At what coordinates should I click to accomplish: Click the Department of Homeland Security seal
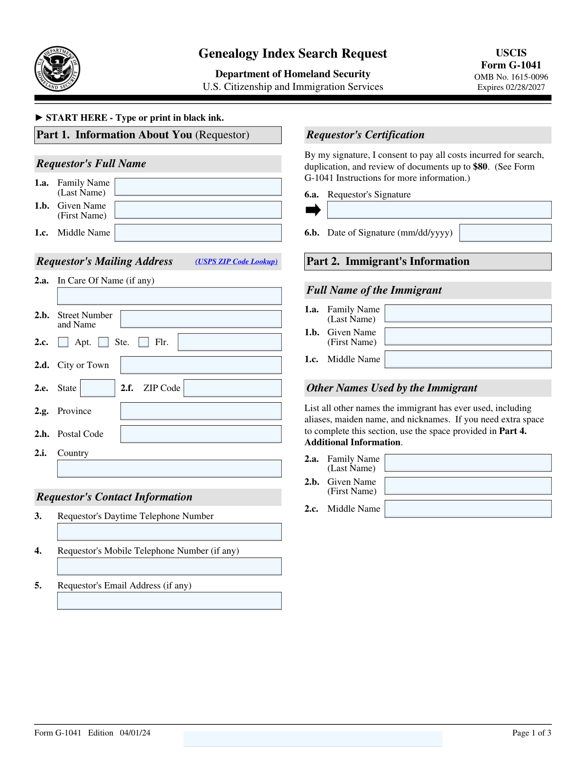coord(57,69)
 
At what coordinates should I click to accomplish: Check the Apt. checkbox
coord(63,342)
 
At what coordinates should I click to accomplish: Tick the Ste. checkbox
coord(104,342)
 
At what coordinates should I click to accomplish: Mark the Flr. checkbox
coord(144,342)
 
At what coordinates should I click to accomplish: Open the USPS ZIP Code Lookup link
coord(236,261)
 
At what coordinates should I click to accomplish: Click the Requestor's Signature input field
coord(439,210)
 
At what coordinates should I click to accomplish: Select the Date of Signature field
coord(505,233)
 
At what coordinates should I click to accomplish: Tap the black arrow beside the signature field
coord(313,210)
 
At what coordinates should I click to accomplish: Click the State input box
coord(98,388)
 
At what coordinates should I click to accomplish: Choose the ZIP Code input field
coord(232,388)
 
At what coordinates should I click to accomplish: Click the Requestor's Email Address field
coord(169,601)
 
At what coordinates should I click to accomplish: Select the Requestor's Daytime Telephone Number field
coord(169,532)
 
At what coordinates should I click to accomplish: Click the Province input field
coord(201,411)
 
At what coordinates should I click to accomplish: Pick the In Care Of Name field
coord(169,296)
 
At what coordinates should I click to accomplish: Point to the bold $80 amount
coord(480,167)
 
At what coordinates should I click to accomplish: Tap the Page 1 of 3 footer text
coord(531,733)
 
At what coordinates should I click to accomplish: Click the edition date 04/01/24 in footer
coord(135,733)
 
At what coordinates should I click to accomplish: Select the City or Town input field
coord(201,365)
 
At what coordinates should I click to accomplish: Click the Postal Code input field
coord(201,434)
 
